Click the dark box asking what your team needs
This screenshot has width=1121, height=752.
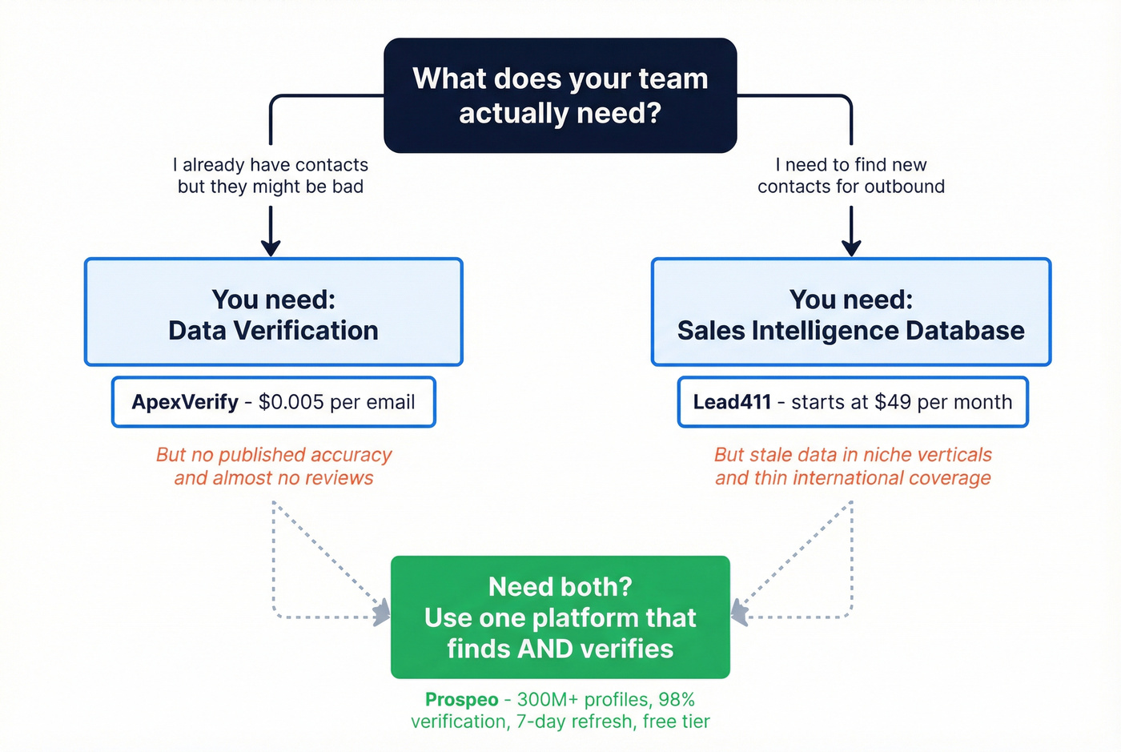[x=560, y=95]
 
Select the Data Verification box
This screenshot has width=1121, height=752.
[x=273, y=312]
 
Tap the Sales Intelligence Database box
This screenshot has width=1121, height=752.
[x=850, y=312]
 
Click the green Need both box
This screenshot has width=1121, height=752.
[x=560, y=617]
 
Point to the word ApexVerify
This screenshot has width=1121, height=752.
[x=185, y=402]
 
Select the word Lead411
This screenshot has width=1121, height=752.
[x=732, y=402]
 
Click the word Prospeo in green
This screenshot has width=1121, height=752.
[x=461, y=699]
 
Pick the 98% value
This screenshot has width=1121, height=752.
[x=676, y=699]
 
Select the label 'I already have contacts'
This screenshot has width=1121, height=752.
[x=271, y=165]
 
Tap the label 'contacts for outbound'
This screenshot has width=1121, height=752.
[x=851, y=187]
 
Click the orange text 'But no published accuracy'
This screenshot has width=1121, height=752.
[x=274, y=455]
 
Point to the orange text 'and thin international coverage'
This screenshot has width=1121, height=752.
[x=853, y=478]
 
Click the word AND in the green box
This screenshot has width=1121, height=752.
[x=544, y=649]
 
